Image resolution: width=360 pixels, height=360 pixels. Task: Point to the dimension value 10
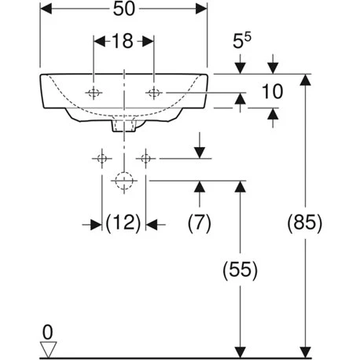coord(271,91)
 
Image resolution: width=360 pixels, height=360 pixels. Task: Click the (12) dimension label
coord(123,224)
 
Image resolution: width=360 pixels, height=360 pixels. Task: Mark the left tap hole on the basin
coord(94,93)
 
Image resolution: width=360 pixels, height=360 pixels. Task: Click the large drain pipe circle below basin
coord(123,181)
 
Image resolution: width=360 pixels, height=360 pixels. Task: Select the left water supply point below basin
coord(101,159)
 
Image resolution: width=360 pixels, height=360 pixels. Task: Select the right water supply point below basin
coord(145,159)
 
